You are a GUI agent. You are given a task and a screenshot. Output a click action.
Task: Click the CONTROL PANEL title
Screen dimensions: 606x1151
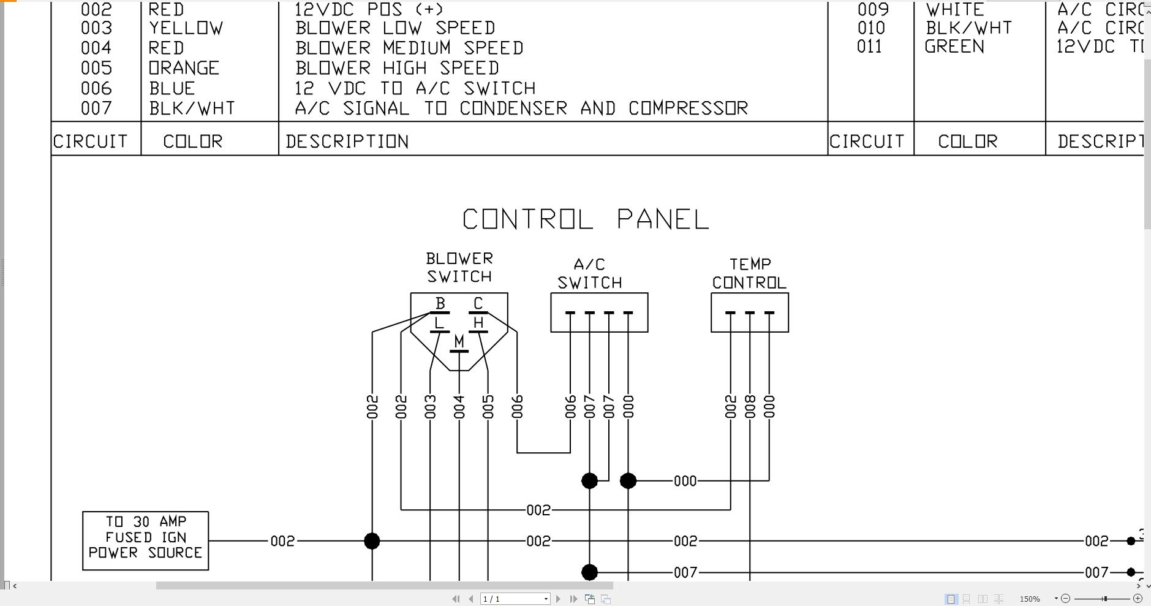(586, 219)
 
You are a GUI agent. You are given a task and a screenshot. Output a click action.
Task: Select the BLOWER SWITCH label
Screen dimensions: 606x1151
(459, 268)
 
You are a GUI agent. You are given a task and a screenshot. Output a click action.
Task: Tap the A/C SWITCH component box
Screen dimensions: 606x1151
(599, 312)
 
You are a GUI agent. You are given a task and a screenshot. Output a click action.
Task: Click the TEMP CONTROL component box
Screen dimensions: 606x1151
(749, 312)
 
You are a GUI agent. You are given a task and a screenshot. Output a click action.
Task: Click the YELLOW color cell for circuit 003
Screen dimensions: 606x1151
(186, 28)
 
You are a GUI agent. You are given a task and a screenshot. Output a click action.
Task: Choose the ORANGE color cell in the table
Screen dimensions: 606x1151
(184, 68)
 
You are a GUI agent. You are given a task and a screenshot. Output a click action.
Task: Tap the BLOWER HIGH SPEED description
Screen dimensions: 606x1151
(397, 68)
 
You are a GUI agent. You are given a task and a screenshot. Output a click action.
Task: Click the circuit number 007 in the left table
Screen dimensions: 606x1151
(96, 108)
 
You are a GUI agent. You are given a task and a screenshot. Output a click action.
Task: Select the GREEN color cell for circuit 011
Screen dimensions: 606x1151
(954, 47)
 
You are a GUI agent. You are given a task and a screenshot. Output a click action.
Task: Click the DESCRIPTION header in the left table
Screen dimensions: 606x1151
(347, 142)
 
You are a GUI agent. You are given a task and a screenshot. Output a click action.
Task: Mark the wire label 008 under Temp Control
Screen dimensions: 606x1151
(750, 407)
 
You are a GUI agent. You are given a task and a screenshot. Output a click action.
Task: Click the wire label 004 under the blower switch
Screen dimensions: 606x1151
(459, 407)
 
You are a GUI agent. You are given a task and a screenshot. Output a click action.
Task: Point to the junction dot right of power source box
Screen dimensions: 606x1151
(372, 541)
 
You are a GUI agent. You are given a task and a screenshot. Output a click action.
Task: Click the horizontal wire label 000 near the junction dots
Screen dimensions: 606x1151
(685, 481)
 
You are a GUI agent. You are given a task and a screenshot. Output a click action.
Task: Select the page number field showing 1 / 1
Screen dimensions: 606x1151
(514, 599)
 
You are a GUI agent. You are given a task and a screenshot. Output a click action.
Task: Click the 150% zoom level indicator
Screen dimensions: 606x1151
(1030, 599)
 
